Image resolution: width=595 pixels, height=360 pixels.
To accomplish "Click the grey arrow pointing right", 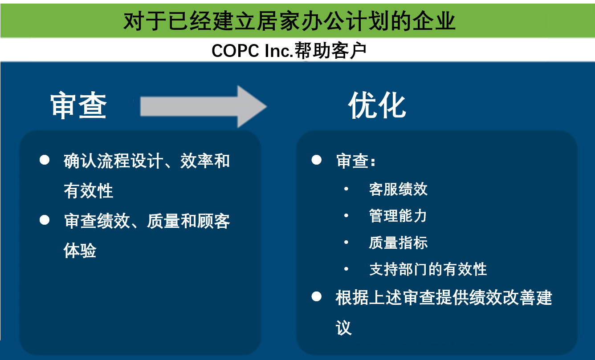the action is [204, 106].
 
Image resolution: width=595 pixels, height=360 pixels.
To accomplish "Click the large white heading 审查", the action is [79, 105].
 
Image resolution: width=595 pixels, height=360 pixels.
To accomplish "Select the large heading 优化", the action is [377, 105].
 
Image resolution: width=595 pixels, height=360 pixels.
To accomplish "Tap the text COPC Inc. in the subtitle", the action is [253, 50].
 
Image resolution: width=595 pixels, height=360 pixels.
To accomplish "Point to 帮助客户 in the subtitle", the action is [330, 50].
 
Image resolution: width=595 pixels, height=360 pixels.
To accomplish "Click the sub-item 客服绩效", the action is [398, 189].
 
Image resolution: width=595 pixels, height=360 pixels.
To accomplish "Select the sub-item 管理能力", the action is [398, 215].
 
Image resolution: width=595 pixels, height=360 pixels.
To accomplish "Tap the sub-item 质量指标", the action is [398, 243].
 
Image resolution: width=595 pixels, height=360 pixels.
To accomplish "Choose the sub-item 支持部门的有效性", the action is [428, 269].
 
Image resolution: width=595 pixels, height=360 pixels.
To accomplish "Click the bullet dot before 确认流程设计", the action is [45, 160].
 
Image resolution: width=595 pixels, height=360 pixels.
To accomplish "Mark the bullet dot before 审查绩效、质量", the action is [45, 220].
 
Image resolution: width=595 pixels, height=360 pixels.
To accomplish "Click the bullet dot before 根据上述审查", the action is [316, 296].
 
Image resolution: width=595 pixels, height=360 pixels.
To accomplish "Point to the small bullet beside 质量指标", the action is [346, 242].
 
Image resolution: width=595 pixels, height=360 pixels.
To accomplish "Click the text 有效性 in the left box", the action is [89, 190].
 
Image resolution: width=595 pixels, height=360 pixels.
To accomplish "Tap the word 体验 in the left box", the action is [80, 251].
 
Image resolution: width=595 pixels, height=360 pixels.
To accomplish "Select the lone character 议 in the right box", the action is [344, 328].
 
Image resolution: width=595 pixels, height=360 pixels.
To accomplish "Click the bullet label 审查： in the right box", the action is [356, 161].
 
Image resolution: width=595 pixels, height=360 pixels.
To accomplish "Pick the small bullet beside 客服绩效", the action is [346, 189].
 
